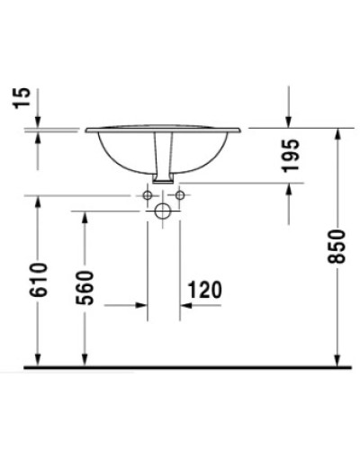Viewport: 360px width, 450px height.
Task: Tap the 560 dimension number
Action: (x=85, y=287)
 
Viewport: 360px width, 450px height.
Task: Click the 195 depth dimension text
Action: (x=289, y=157)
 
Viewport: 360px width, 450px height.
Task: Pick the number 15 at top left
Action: (x=25, y=98)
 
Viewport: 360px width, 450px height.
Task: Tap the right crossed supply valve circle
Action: (x=179, y=195)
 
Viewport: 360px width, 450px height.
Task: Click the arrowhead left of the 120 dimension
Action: (x=142, y=305)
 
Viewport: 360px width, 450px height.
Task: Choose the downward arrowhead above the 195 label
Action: (x=288, y=122)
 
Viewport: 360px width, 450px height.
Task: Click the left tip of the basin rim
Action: (x=87, y=130)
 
